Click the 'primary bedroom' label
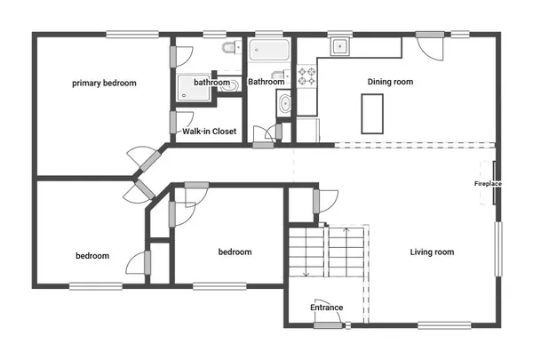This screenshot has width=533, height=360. tap(104, 83)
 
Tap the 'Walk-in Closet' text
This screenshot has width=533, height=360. tap(209, 132)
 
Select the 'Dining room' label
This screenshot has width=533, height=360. tap(391, 82)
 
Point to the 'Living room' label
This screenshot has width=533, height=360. tap(432, 252)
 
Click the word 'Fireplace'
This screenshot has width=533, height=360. tap(488, 183)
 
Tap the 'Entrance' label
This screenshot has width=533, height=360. tap(326, 308)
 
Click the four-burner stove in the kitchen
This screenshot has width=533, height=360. tap(306, 76)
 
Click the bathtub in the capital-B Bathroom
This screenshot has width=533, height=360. tap(266, 49)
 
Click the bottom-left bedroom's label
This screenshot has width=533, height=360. tap(91, 256)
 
